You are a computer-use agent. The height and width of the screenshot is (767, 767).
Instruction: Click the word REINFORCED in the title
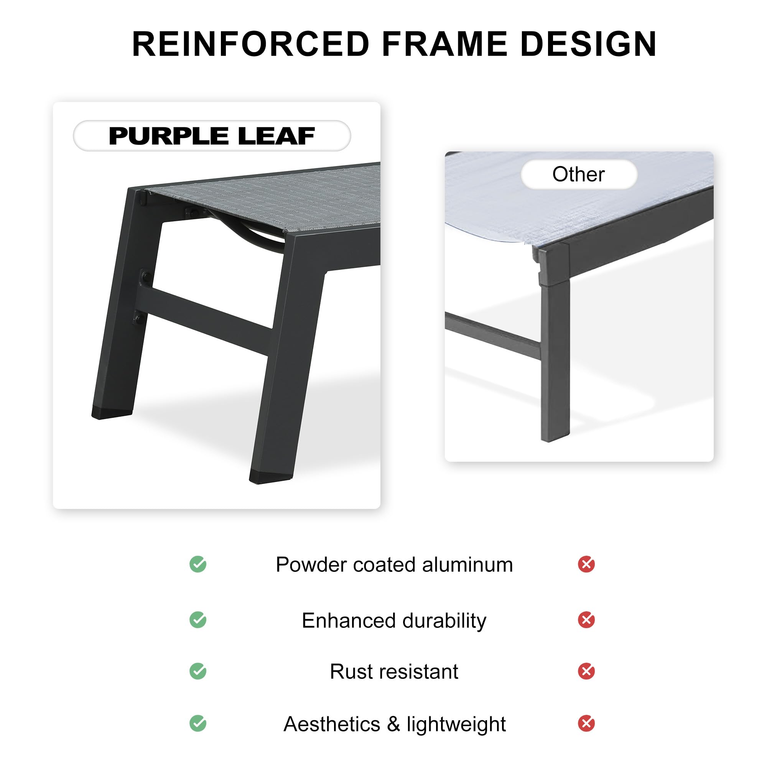click(x=251, y=44)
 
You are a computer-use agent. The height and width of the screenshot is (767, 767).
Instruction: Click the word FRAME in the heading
click(x=444, y=44)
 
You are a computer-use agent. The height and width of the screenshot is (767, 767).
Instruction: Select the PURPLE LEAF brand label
click(x=212, y=136)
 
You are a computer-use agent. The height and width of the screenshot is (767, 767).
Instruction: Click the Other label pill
click(x=579, y=174)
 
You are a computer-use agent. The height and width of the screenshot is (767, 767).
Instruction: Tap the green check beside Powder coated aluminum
click(x=198, y=564)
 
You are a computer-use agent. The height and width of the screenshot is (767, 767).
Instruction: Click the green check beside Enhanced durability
click(x=198, y=620)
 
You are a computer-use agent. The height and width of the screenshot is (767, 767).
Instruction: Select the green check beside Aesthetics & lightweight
click(x=198, y=723)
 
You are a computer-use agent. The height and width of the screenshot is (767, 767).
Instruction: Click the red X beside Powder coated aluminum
click(x=586, y=564)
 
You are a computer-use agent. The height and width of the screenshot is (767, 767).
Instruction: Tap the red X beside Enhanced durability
click(x=586, y=620)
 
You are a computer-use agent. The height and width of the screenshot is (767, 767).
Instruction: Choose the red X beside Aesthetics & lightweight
click(x=586, y=723)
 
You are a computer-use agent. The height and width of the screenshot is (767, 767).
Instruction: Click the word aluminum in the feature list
click(x=467, y=565)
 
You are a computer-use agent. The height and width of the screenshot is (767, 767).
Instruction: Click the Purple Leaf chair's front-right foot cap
click(x=270, y=476)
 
